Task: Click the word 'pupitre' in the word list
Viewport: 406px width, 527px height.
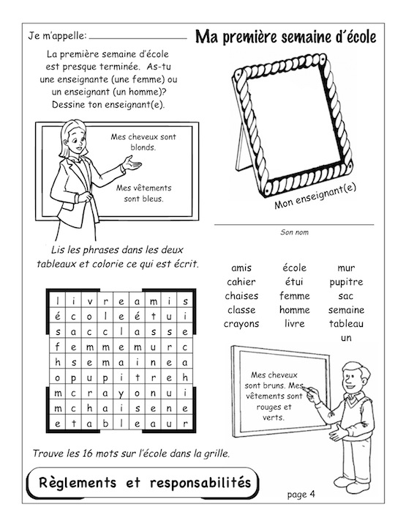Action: pyautogui.click(x=346, y=282)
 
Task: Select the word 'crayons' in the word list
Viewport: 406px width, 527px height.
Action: pyautogui.click(x=241, y=324)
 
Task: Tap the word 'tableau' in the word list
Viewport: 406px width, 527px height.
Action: pyautogui.click(x=346, y=324)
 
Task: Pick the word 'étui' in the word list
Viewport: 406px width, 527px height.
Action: pyautogui.click(x=294, y=281)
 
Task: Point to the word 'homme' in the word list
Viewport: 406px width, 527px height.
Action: pyautogui.click(x=294, y=309)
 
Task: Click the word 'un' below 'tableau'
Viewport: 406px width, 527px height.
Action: pyautogui.click(x=346, y=338)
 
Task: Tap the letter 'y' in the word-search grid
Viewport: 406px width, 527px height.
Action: pyautogui.click(x=121, y=394)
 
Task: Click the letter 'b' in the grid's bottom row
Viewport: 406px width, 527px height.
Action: pyautogui.click(x=105, y=424)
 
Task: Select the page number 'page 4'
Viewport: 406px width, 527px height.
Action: pyautogui.click(x=301, y=495)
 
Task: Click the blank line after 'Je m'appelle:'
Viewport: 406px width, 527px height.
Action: pyautogui.click(x=138, y=38)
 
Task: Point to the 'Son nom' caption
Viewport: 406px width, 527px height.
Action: pyautogui.click(x=294, y=232)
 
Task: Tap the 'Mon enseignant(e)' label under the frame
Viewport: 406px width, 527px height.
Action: pyautogui.click(x=315, y=196)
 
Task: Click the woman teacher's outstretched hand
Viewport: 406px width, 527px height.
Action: pyautogui.click(x=132, y=163)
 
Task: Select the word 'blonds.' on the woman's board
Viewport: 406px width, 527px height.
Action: pyautogui.click(x=143, y=147)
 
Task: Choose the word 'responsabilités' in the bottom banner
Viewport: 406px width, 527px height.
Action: pyautogui.click(x=200, y=483)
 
